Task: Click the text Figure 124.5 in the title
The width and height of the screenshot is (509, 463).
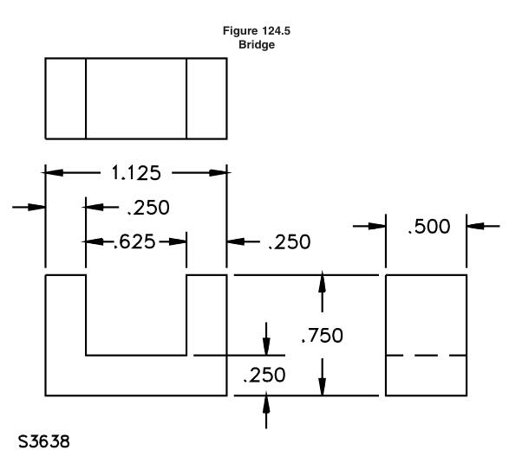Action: [x=257, y=31]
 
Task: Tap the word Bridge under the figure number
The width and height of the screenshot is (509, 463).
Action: [x=257, y=44]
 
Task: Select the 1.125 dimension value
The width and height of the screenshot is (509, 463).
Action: [x=136, y=173]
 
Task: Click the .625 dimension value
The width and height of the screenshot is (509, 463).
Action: [x=134, y=241]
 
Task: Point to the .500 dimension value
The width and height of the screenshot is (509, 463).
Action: [x=429, y=226]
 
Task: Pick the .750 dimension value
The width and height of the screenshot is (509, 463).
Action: [x=322, y=335]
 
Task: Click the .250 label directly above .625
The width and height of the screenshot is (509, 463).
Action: [x=148, y=208]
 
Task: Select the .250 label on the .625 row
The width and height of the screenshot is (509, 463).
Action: [x=290, y=242]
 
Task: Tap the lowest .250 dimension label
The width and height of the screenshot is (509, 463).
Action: [x=264, y=375]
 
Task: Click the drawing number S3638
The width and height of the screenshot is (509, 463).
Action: [x=44, y=441]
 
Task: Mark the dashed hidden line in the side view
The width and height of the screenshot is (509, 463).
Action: [x=427, y=356]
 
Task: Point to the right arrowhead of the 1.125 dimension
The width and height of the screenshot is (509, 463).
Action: [x=218, y=173]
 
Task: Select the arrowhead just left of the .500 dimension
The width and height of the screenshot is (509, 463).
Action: [x=377, y=226]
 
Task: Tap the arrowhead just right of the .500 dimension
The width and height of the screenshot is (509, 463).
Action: [x=475, y=226]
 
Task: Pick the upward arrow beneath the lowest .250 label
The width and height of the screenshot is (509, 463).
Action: [x=266, y=410]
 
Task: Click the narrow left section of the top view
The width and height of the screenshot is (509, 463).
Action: [x=66, y=99]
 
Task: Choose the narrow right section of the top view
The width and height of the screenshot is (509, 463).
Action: [x=206, y=99]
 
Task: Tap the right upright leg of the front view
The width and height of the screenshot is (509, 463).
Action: [x=206, y=315]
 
